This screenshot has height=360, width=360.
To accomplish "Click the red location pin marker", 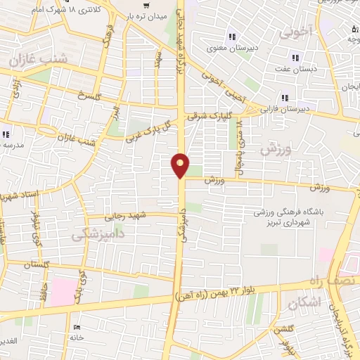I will point(181,165).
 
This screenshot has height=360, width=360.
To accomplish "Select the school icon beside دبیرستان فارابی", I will point(285,98).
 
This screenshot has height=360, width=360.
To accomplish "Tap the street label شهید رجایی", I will point(124,215).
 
